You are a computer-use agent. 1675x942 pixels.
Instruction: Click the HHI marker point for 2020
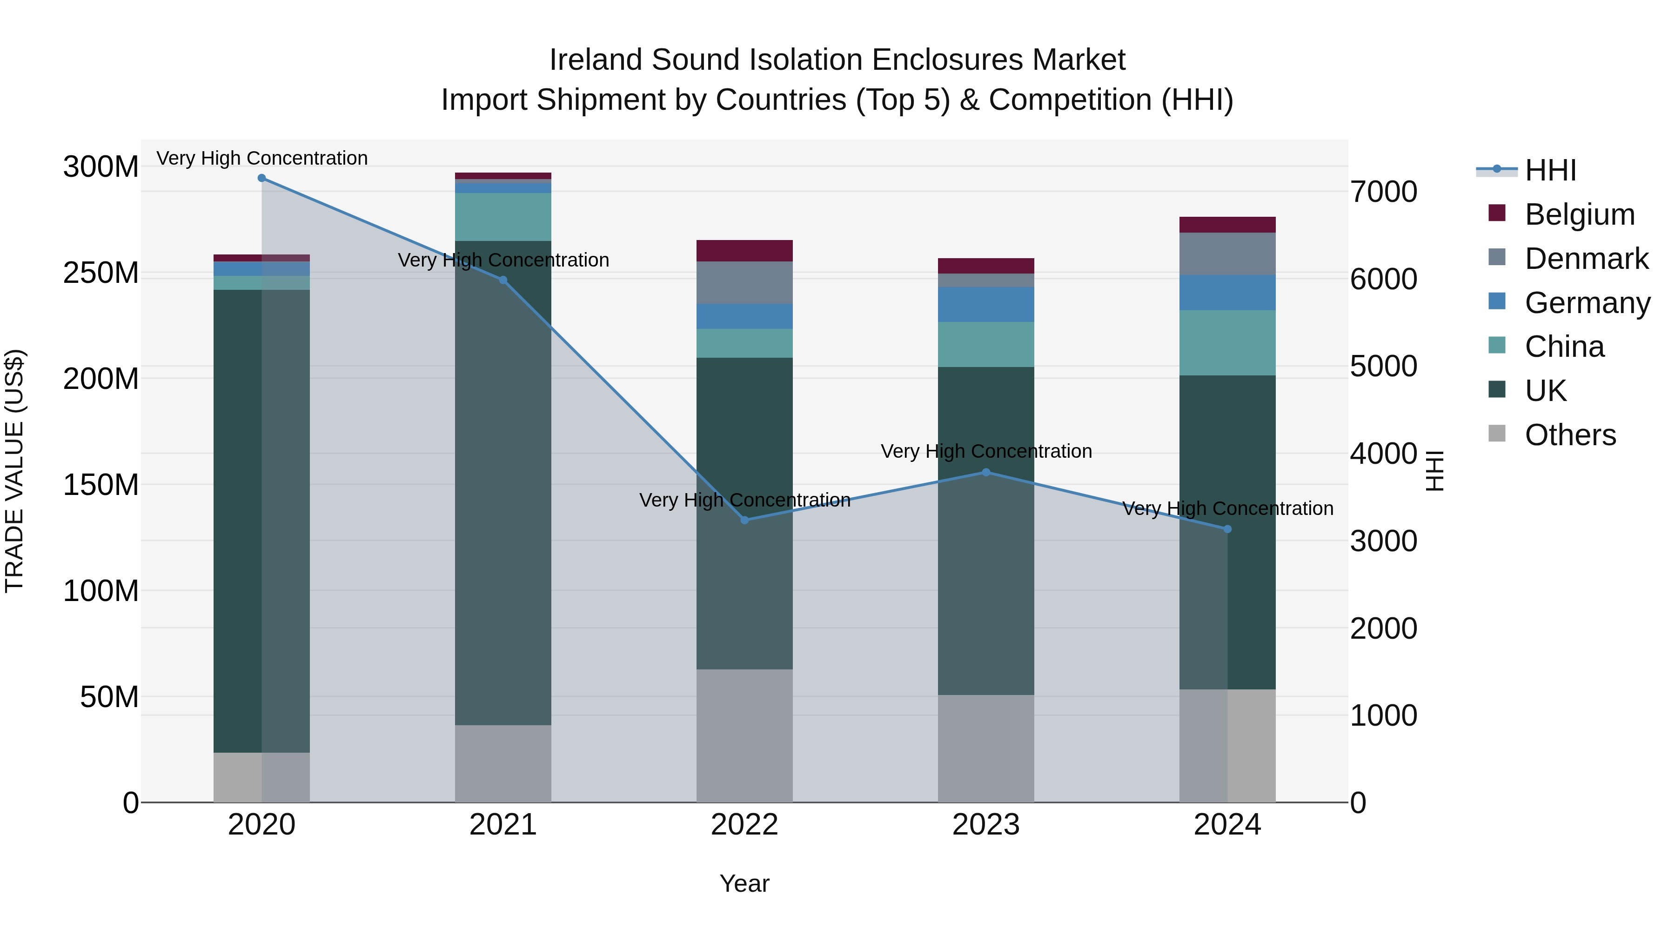coord(261,178)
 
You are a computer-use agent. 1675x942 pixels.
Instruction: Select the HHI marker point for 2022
coord(744,520)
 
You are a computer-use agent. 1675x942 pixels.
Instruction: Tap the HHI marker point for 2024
coord(1228,529)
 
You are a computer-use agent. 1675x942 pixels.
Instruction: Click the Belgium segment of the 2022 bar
coord(744,251)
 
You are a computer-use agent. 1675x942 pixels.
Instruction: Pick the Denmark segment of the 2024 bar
coord(1228,254)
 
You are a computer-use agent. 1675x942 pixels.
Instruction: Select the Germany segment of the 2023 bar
coord(986,304)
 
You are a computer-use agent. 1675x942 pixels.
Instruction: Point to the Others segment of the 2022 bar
coord(744,735)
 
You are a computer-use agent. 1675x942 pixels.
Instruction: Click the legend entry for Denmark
coord(1586,259)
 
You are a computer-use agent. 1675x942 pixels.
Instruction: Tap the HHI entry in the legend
coord(1550,170)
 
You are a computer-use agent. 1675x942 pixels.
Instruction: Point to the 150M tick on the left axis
coord(101,485)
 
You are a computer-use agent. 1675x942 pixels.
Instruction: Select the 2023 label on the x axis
coord(986,825)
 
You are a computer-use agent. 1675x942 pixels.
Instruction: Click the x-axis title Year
coord(744,883)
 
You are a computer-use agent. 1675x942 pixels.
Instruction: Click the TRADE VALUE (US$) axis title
coord(14,471)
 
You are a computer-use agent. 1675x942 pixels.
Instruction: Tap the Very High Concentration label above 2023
coord(986,451)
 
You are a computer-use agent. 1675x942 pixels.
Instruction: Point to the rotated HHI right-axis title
coord(1434,471)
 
